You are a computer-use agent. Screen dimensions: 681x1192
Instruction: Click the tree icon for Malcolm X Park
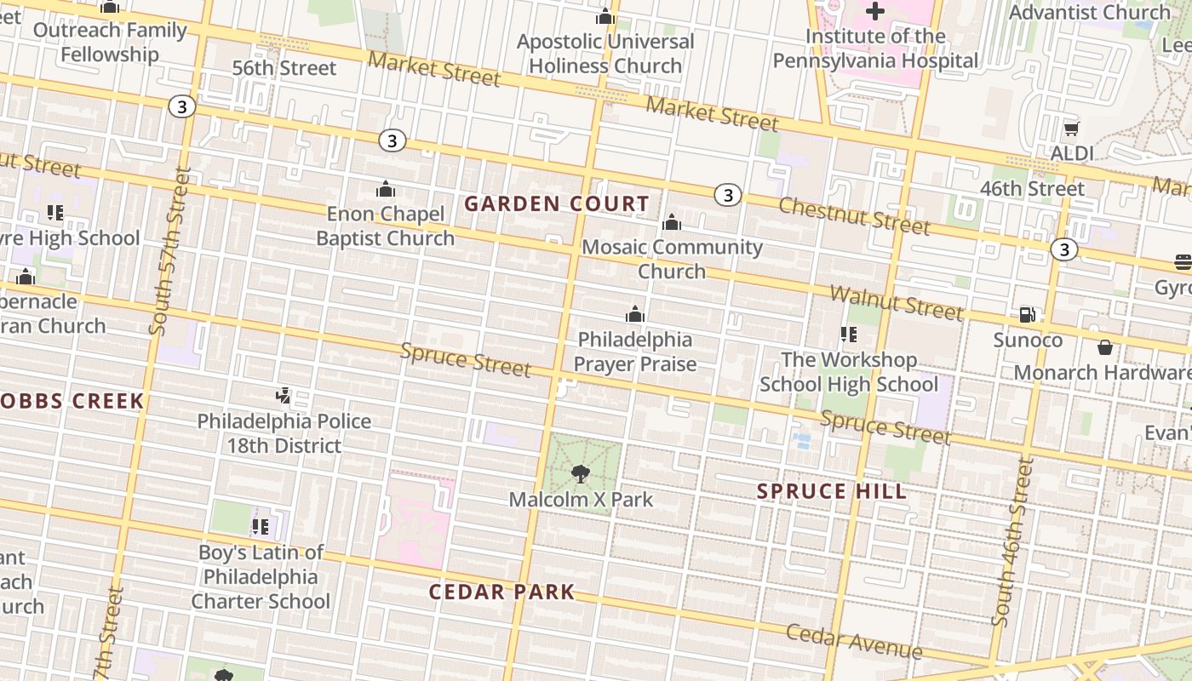click(x=581, y=474)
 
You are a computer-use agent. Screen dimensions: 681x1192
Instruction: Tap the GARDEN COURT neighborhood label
click(x=557, y=204)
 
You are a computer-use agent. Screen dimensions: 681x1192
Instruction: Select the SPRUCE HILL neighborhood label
click(x=832, y=491)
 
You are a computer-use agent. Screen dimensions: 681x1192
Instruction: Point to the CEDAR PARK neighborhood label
click(x=501, y=592)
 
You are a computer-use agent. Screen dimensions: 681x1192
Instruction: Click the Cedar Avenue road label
click(x=853, y=642)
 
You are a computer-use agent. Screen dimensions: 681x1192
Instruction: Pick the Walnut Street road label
click(x=896, y=303)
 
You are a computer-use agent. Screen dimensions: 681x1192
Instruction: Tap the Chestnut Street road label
click(x=853, y=215)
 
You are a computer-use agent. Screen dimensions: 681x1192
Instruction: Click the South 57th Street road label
click(x=170, y=251)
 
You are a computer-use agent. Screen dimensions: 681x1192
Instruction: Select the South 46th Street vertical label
click(x=1011, y=542)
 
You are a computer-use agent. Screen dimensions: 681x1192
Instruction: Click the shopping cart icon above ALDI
click(x=1071, y=129)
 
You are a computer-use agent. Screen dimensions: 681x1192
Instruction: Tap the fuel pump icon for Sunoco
click(x=1028, y=315)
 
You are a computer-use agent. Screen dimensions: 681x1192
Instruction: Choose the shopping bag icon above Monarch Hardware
click(x=1104, y=347)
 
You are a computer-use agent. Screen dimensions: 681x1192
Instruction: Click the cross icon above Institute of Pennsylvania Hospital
click(x=874, y=11)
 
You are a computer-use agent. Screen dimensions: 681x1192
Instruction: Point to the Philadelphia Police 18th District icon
click(x=284, y=396)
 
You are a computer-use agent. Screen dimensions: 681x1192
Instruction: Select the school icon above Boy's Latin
click(x=260, y=527)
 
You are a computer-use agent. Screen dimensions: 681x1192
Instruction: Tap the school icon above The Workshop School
click(x=848, y=335)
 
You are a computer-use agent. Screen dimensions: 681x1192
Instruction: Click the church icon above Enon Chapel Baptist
click(x=386, y=189)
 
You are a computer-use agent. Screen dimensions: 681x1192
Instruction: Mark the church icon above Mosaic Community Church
click(x=672, y=222)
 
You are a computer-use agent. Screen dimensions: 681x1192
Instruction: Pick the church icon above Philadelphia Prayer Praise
click(x=634, y=315)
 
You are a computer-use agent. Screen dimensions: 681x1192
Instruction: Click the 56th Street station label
click(x=284, y=68)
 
